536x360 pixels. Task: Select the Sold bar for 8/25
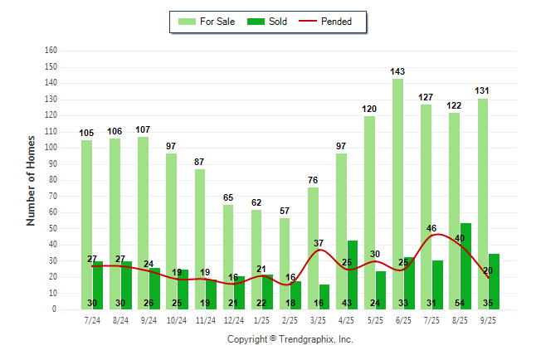(x=465, y=265)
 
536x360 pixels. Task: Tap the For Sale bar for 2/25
(x=285, y=249)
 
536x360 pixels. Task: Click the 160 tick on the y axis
(x=51, y=51)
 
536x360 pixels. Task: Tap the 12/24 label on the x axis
(x=233, y=320)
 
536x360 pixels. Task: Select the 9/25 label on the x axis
(x=488, y=320)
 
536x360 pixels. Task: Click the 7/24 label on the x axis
(x=92, y=320)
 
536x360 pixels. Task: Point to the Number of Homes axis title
(x=32, y=180)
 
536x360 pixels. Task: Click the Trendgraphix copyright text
(x=290, y=339)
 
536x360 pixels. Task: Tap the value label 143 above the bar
(x=398, y=72)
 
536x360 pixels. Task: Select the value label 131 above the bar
(x=483, y=91)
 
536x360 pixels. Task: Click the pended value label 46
(x=431, y=228)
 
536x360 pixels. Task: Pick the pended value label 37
(x=319, y=243)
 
